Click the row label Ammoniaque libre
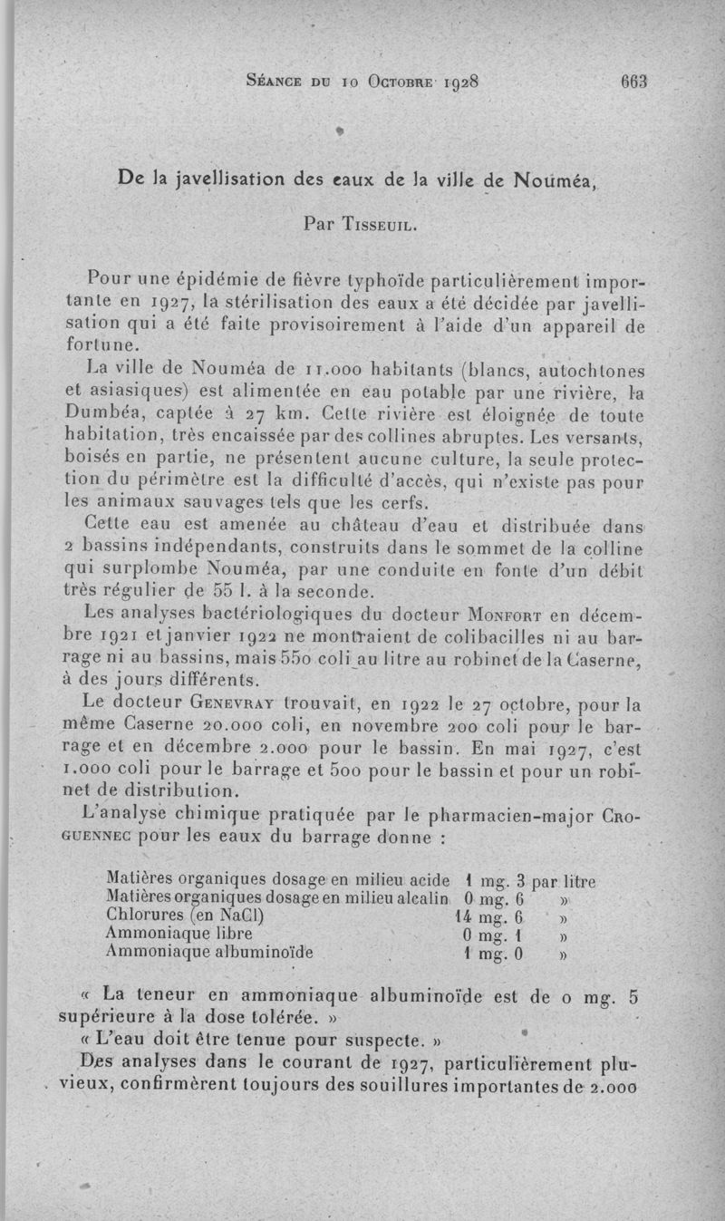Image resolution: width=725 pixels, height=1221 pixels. pos(179,934)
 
